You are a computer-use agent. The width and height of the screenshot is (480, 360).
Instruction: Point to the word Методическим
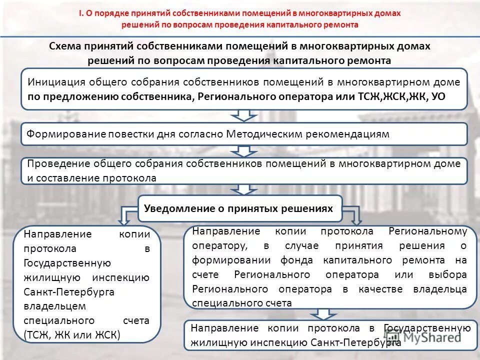pos(260,134)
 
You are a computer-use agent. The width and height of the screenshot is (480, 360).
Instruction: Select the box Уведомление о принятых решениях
pos(239,209)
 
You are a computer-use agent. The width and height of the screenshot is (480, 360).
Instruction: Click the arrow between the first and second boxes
pos(244,115)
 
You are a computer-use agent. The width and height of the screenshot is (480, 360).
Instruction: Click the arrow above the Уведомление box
pos(244,189)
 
